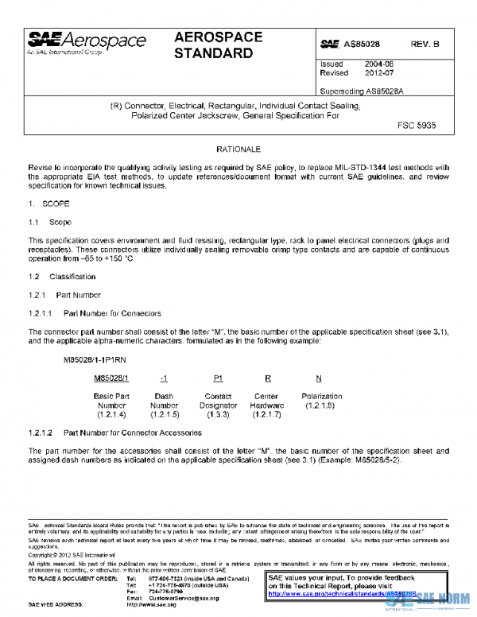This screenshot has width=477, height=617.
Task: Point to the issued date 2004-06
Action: click(378, 63)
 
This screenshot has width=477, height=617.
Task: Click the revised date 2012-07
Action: click(378, 72)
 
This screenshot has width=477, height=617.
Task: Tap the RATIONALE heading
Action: click(238, 149)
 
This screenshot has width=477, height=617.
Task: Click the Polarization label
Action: click(321, 396)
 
